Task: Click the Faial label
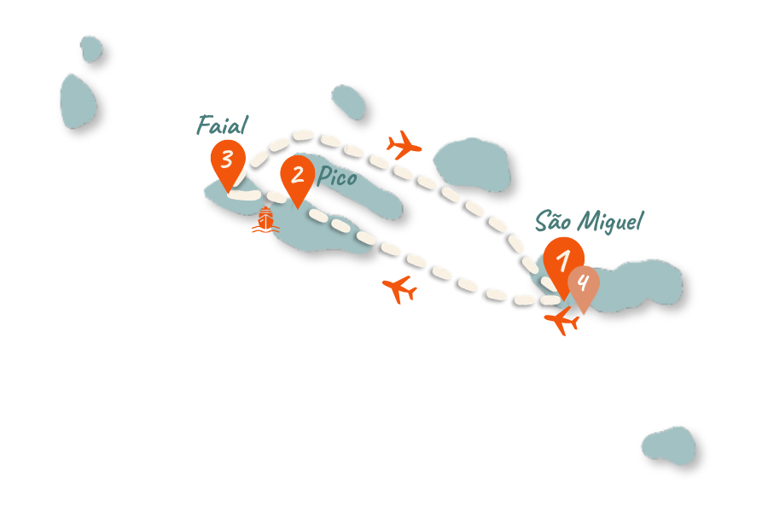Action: pos(222,125)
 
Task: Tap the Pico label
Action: pos(337,177)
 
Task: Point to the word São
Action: pos(553,221)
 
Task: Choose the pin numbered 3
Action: pos(227,160)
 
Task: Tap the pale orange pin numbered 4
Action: pos(584,284)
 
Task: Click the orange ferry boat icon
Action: pos(265,220)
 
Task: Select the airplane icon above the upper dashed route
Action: pos(404,144)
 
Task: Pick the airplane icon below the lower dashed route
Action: pos(399,288)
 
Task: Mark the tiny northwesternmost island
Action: pos(90,49)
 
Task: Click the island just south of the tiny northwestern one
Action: pos(77,101)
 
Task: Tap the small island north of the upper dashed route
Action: pos(348,101)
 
